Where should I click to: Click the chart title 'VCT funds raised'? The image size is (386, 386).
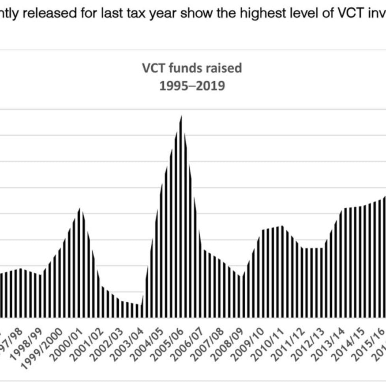pyautogui.click(x=192, y=68)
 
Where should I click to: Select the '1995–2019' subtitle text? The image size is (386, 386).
pyautogui.click(x=192, y=86)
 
